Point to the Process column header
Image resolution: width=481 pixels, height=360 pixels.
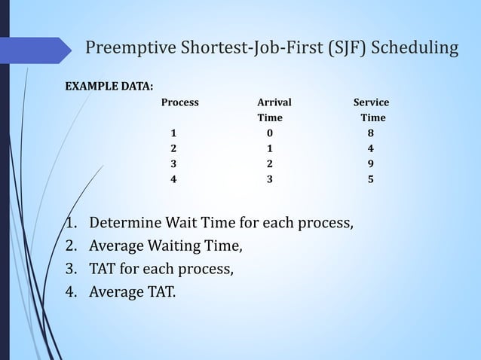[x=180, y=102]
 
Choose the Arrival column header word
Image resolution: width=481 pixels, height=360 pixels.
[x=274, y=102]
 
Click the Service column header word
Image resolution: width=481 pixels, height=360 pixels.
[x=372, y=102]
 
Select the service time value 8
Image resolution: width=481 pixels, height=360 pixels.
[x=369, y=133]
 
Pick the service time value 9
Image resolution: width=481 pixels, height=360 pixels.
[x=369, y=163]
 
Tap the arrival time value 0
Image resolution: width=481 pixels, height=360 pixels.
[x=270, y=133]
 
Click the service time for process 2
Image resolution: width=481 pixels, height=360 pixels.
[x=369, y=148]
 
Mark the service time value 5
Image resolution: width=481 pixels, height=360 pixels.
[x=369, y=179]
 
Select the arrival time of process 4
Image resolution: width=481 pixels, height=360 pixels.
[x=270, y=179]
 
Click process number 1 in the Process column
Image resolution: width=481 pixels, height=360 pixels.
[x=174, y=133]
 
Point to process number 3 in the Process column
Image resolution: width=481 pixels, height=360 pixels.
[x=174, y=163]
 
